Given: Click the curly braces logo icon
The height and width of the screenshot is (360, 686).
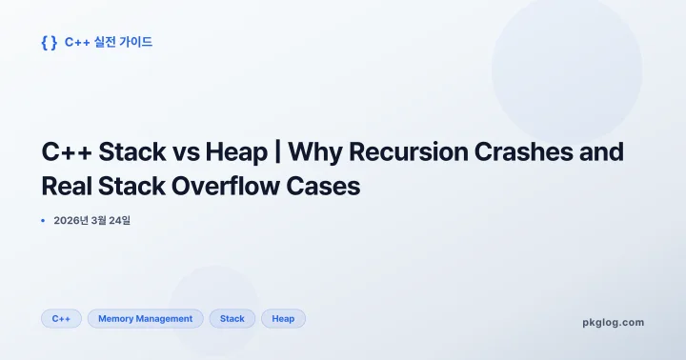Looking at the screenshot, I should (50, 42).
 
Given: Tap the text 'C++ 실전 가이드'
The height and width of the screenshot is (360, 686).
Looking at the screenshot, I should (108, 42).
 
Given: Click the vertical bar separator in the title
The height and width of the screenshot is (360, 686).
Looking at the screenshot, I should (278, 151).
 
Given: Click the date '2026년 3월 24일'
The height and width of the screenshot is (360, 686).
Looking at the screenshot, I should (91, 221).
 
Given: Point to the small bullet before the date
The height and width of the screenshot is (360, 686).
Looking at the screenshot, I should (43, 221).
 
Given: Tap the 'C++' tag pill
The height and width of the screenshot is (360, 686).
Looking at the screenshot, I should (61, 319).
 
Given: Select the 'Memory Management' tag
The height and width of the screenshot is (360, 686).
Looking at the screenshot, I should (145, 319).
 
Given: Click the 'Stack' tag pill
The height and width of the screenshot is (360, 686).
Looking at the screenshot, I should (232, 319).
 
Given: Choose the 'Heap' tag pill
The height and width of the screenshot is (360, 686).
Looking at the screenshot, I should (283, 319).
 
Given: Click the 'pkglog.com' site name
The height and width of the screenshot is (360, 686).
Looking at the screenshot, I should (613, 322).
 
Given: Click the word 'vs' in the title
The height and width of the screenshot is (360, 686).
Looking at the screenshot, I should (185, 151).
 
